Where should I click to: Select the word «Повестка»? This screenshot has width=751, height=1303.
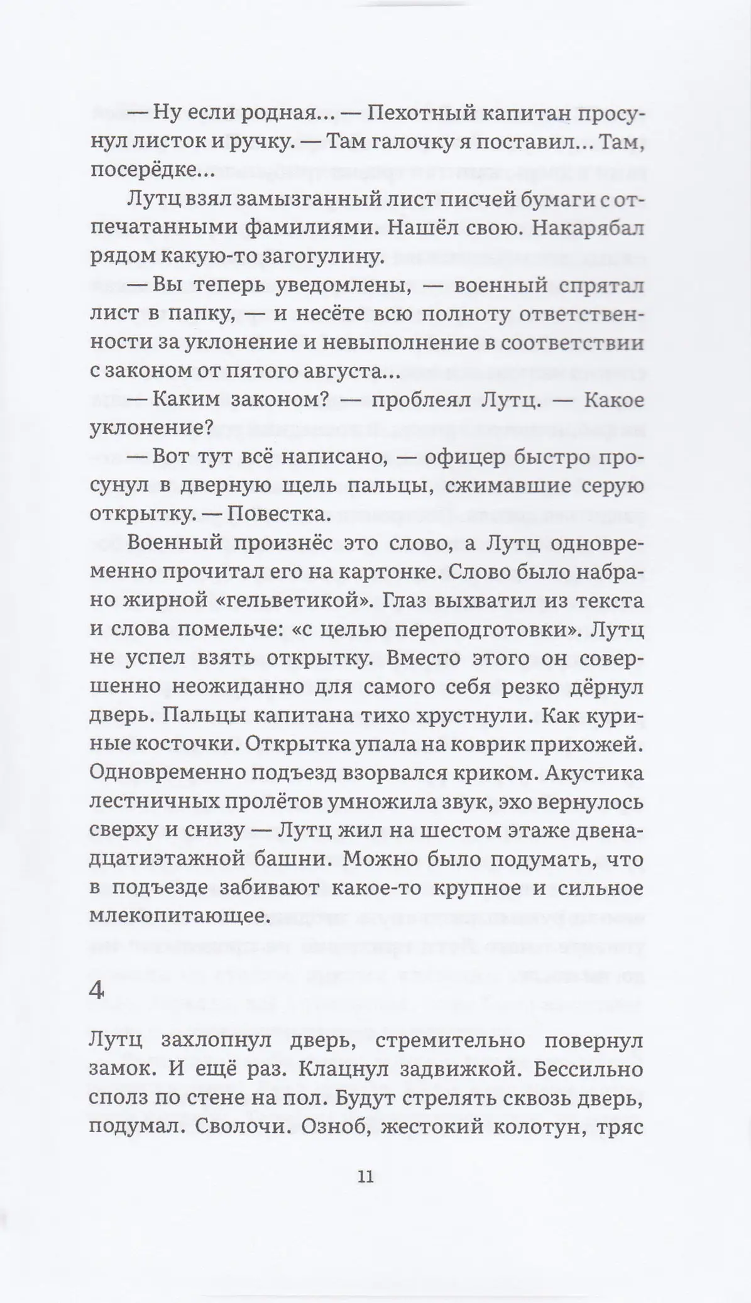pos(277,514)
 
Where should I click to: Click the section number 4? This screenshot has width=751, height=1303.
pos(97,991)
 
